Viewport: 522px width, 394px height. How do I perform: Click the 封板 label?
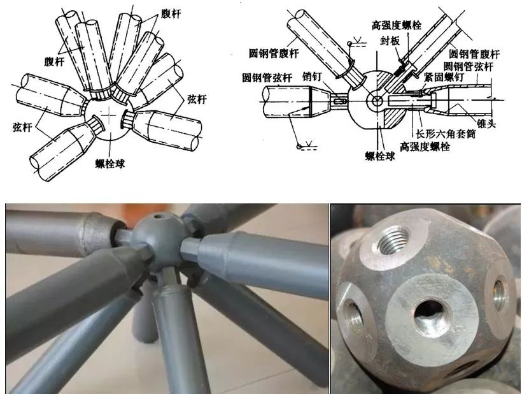390,41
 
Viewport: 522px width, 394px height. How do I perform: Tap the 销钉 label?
313,77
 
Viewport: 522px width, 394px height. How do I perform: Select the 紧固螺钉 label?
444,77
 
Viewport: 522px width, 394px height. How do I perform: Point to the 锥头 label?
486,124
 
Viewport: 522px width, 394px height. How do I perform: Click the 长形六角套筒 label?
446,134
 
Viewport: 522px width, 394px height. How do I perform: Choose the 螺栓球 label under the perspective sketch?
110,164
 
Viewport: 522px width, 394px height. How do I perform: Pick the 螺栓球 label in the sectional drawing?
380,156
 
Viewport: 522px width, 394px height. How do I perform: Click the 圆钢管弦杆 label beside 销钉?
267,78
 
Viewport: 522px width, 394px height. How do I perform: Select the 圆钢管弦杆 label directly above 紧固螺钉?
469,66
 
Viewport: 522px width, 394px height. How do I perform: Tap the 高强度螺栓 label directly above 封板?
397,25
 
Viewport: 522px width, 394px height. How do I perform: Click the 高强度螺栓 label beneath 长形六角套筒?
425,147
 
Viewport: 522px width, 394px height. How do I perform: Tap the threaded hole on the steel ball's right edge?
499,295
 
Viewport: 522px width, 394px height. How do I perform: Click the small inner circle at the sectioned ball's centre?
377,101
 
